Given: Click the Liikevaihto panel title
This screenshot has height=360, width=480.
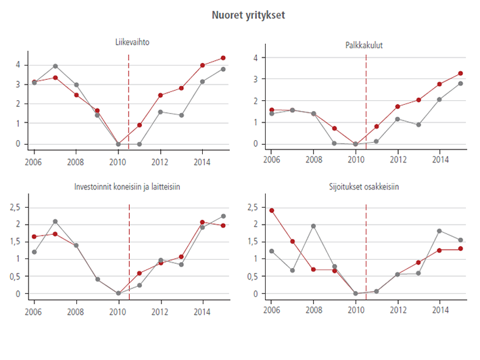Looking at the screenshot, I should [x=132, y=43].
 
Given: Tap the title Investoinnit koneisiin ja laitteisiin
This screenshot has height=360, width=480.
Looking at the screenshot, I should [x=132, y=187].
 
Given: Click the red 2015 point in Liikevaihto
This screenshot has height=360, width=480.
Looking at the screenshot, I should [x=223, y=58].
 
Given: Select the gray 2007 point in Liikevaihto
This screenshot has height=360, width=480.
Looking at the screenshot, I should [x=55, y=66].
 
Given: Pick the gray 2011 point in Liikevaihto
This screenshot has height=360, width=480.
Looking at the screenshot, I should [x=139, y=144].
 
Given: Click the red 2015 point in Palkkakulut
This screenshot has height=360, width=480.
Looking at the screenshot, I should [x=460, y=73].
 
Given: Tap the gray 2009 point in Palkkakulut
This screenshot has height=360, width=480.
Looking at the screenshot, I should [x=334, y=143].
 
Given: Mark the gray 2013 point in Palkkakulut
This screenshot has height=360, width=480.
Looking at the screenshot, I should [x=418, y=125].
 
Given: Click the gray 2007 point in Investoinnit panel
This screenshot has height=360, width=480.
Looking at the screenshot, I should [x=55, y=221].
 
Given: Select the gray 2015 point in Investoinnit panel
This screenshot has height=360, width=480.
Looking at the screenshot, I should [x=223, y=217].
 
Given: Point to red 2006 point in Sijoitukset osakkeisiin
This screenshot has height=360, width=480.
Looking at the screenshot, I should [x=271, y=210].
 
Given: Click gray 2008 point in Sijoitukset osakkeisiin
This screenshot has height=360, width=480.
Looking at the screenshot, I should [x=313, y=226].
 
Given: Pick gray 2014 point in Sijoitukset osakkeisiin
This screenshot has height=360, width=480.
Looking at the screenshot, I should [x=439, y=231].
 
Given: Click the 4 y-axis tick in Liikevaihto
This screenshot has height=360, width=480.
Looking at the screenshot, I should [x=20, y=64].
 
